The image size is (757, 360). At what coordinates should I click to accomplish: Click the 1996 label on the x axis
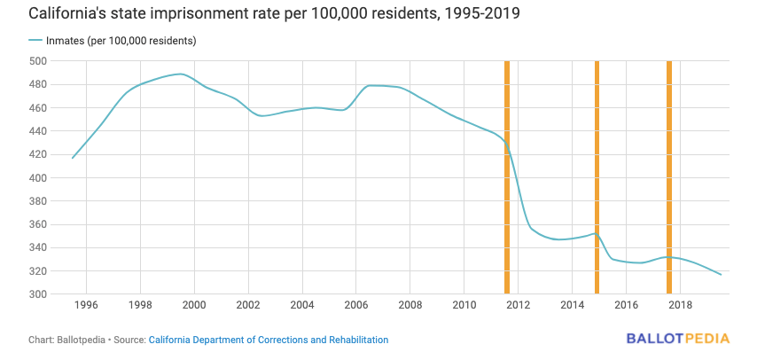[x=85, y=306]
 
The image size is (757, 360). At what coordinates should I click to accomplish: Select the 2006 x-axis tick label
[x=355, y=306]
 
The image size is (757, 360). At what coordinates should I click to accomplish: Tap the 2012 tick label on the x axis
[x=518, y=306]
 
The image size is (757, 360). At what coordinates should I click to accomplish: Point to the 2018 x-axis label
[x=680, y=306]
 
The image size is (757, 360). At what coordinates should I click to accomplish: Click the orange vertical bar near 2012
[x=507, y=177]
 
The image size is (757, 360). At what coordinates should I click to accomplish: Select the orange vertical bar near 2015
[x=597, y=177]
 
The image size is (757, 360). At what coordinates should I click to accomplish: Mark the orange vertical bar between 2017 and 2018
[x=669, y=177]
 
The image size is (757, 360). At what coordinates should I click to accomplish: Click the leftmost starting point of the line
[x=73, y=158]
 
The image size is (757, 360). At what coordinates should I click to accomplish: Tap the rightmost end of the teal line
[x=721, y=275]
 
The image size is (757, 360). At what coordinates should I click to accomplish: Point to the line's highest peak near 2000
[x=180, y=74]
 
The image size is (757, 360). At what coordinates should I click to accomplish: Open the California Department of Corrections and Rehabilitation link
[x=269, y=340]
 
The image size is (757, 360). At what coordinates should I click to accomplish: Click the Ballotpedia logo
[x=678, y=339]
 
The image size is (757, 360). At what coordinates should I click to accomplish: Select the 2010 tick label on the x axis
[x=464, y=306]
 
